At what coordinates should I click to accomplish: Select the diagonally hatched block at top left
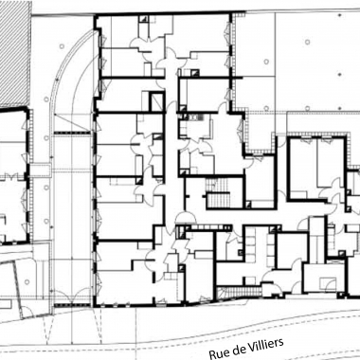point(15,53)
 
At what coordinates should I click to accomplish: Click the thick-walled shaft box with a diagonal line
point(156,101)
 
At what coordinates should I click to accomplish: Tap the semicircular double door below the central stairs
point(186,217)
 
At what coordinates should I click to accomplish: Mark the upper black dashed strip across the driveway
point(73,133)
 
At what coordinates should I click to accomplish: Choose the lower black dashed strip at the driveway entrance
point(73,305)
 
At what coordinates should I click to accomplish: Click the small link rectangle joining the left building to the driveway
point(42,170)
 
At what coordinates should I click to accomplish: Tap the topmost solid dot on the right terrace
point(339,15)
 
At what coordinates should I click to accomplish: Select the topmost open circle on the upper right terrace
point(307,42)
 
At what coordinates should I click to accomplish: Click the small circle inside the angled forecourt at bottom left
point(27,281)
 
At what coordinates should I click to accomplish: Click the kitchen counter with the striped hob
point(197,117)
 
